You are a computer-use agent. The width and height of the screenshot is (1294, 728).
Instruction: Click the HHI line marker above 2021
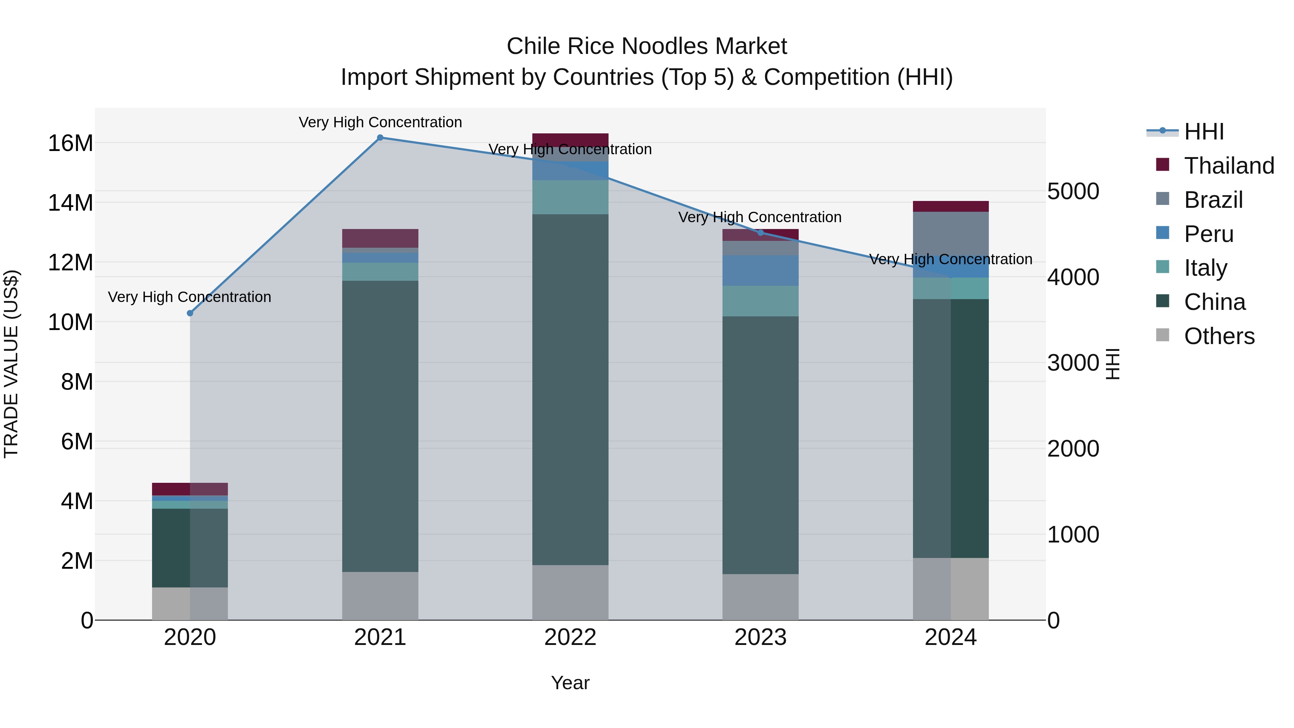pyautogui.click(x=380, y=138)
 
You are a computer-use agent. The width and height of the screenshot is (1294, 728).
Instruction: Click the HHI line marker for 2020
pyautogui.click(x=190, y=313)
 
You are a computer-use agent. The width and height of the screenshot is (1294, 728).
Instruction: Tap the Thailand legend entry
pyautogui.click(x=1229, y=166)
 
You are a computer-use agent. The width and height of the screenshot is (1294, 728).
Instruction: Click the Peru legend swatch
pyautogui.click(x=1162, y=233)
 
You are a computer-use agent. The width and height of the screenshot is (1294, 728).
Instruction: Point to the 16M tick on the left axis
pyautogui.click(x=70, y=143)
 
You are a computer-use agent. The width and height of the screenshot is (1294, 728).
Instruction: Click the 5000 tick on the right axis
pyautogui.click(x=1073, y=191)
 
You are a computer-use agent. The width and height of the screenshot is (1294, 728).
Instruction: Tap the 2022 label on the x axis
pyautogui.click(x=570, y=637)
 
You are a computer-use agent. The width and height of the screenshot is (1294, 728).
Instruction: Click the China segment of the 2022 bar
pyautogui.click(x=570, y=389)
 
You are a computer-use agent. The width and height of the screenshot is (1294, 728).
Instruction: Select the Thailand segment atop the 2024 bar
pyautogui.click(x=950, y=206)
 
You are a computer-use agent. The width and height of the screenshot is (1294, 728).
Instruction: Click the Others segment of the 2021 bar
pyautogui.click(x=380, y=595)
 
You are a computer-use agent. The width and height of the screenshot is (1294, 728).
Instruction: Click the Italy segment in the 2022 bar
pyautogui.click(x=570, y=197)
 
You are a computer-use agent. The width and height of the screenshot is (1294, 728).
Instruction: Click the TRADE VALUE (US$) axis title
pyautogui.click(x=11, y=364)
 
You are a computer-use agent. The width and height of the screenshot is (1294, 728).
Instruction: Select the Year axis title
pyautogui.click(x=570, y=683)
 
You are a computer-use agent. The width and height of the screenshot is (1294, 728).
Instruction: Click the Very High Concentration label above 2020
pyautogui.click(x=189, y=297)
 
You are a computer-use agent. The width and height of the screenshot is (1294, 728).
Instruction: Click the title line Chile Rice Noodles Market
pyautogui.click(x=647, y=46)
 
